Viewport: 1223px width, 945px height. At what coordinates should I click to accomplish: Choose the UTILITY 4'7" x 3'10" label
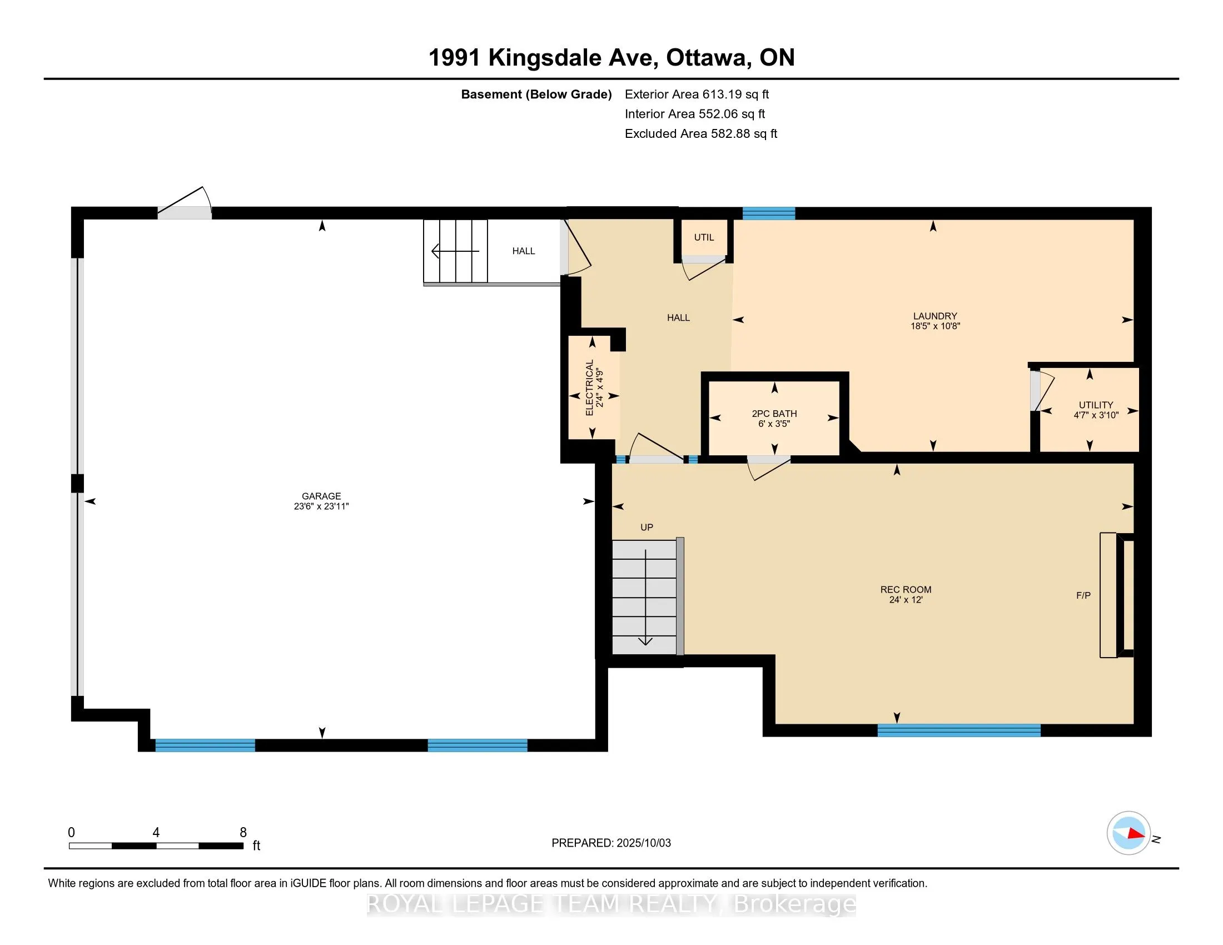coord(1096,410)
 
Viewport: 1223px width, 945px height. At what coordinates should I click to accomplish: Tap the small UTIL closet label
coord(704,237)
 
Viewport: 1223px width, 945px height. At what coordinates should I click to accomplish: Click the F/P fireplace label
coord(1083,595)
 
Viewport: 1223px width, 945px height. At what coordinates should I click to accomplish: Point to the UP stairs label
coord(647,528)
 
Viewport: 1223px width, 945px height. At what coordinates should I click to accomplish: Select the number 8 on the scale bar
coord(243,833)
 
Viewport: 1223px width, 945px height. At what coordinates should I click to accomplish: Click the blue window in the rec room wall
coord(959,730)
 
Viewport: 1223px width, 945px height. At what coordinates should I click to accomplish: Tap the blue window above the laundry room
coord(769,213)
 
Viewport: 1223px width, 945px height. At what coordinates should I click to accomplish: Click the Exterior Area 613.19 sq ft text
coord(697,94)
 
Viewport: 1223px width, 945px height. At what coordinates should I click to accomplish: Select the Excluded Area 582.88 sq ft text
coord(701,133)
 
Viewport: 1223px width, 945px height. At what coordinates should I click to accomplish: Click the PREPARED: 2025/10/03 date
coord(611,843)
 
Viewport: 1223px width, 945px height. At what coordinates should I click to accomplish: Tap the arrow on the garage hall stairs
coord(456,251)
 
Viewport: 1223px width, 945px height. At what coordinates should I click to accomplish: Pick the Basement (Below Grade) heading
coord(536,94)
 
